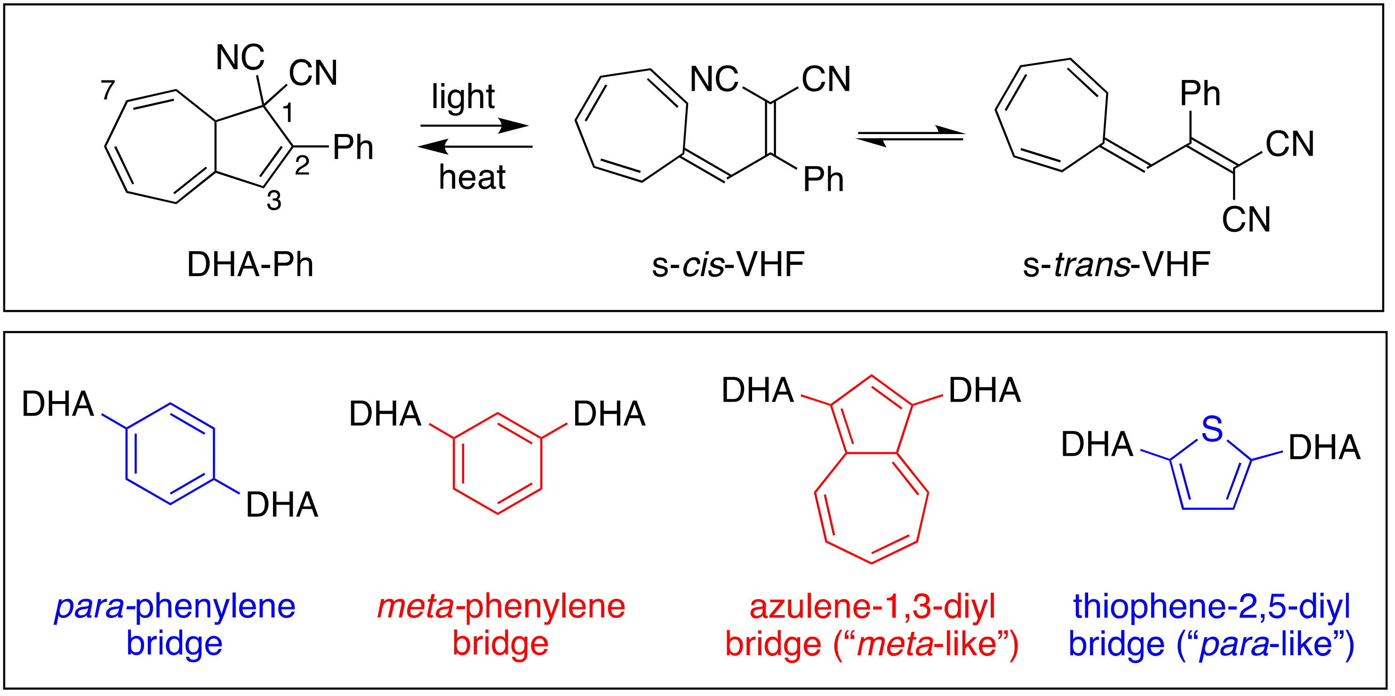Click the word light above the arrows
pos(463,97)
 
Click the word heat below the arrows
pos(472,177)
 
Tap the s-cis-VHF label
pos(728,265)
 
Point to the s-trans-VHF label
pos(1116,265)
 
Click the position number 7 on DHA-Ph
pos(108,90)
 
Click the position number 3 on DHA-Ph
pos(274,201)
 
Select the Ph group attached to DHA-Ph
pos(353,147)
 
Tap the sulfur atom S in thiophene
pos(1212,429)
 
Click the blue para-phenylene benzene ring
pos(170,453)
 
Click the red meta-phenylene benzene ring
pos(497,463)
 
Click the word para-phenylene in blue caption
pos(175,607)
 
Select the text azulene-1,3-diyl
pos(872,607)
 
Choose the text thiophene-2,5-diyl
pos(1212,607)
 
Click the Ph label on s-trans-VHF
pos(1200,94)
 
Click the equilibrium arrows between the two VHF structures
pos(911,136)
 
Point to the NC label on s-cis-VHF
pos(714,79)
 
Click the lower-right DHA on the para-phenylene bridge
pos(281,505)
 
